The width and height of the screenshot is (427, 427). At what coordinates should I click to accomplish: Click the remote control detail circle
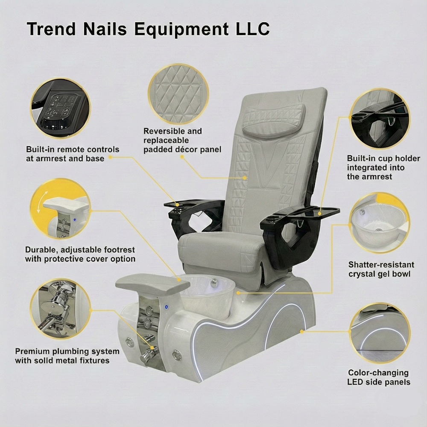click(x=60, y=108)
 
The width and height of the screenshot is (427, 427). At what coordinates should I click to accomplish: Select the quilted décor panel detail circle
click(x=178, y=94)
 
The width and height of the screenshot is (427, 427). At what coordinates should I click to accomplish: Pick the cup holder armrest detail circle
click(x=380, y=119)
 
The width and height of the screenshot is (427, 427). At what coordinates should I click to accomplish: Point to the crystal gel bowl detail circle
click(x=379, y=223)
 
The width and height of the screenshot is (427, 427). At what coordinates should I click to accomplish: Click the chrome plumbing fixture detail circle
click(x=61, y=309)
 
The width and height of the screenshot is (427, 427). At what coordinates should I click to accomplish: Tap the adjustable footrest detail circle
click(x=61, y=209)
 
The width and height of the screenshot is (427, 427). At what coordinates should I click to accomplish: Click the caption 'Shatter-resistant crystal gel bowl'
click(x=381, y=269)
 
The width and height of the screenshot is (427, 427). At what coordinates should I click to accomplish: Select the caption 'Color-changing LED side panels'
click(x=379, y=377)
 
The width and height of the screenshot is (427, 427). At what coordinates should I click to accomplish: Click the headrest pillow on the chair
click(x=274, y=119)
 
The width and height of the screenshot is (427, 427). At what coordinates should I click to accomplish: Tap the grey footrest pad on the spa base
click(x=152, y=284)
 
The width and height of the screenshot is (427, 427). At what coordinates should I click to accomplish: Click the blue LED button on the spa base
click(x=166, y=307)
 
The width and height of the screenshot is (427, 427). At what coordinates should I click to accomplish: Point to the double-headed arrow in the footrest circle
click(x=42, y=202)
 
